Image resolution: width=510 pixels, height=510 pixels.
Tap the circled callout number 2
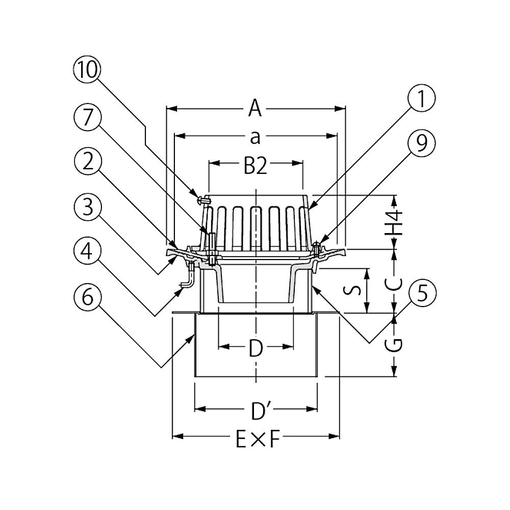pyautogui.click(x=87, y=162)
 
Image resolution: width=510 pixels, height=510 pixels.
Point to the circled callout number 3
pyautogui.click(x=87, y=208)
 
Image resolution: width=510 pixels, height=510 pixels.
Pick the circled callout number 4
pyautogui.click(x=87, y=252)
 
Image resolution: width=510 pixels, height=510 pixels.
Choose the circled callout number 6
pyautogui.click(x=87, y=297)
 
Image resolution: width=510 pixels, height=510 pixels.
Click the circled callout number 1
pyautogui.click(x=422, y=98)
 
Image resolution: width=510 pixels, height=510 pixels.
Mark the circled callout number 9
pyautogui.click(x=422, y=143)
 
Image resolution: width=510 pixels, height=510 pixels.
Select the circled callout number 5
pyautogui.click(x=422, y=293)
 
